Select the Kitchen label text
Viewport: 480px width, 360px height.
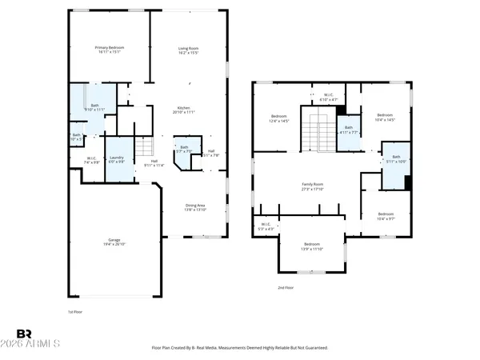click(x=183, y=110)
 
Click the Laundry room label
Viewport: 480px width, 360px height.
click(x=116, y=160)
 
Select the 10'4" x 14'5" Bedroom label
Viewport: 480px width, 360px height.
click(x=385, y=117)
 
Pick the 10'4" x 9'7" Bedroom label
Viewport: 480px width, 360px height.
click(x=386, y=215)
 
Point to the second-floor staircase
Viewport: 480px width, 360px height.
click(x=318, y=130)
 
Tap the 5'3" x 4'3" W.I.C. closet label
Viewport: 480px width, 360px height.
click(x=265, y=226)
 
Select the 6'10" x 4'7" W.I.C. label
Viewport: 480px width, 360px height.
click(x=329, y=98)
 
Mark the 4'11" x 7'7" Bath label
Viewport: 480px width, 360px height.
click(x=348, y=130)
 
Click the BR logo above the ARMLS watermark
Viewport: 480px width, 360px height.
click(x=25, y=333)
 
